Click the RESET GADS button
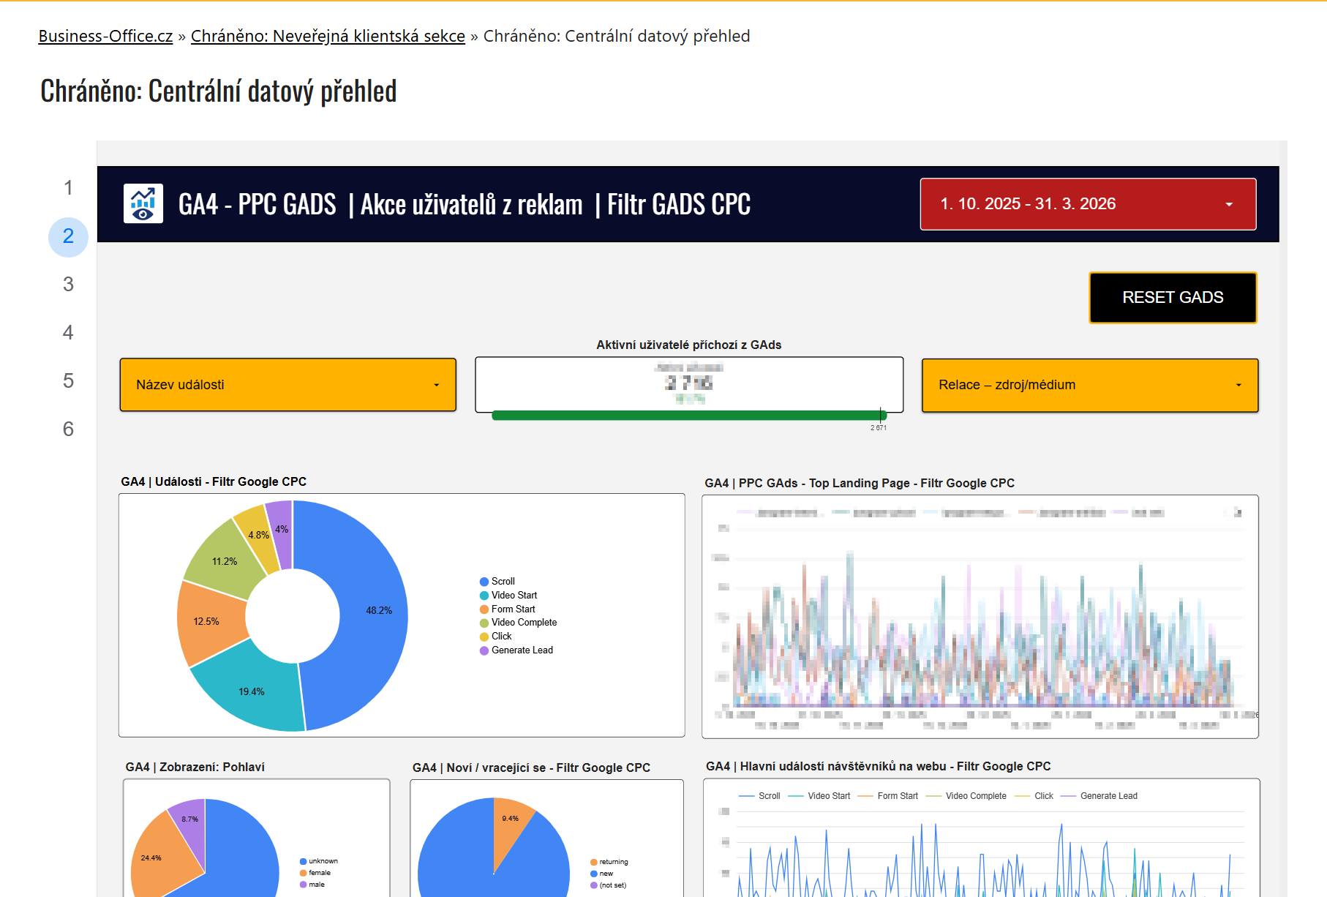(x=1173, y=298)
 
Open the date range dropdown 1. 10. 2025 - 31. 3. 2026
(x=1088, y=204)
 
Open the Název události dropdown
(x=287, y=385)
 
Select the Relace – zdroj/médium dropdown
(x=1089, y=385)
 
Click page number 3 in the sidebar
(x=68, y=285)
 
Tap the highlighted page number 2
(x=68, y=236)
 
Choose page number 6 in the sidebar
(x=68, y=429)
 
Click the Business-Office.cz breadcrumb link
(x=105, y=36)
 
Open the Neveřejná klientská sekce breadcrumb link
(x=328, y=36)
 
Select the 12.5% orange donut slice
(x=208, y=621)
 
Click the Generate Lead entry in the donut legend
(x=522, y=650)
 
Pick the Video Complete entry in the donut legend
(x=524, y=623)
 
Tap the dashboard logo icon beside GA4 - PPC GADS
(x=143, y=203)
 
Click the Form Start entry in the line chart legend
(x=897, y=796)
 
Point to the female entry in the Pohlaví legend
(x=319, y=873)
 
